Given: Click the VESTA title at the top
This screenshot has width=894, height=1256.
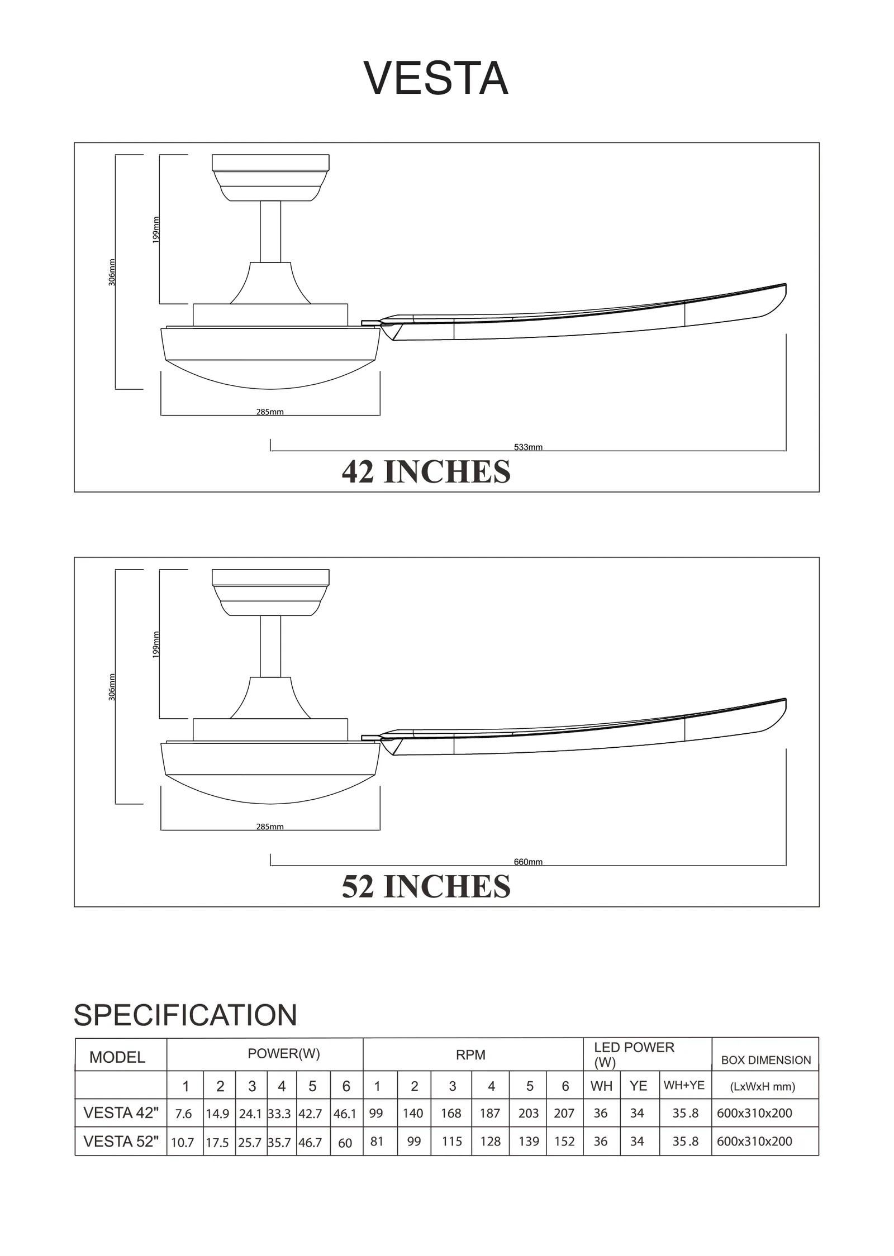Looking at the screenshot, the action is coord(436,78).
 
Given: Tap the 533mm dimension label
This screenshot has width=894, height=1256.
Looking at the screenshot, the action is coord(528,447).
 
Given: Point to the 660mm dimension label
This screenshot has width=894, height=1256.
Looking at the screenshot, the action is coord(528,862).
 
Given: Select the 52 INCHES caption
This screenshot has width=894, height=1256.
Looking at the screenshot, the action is coord(426,886).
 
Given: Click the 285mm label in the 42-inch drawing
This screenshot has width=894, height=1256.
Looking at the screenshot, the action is coord(270,412).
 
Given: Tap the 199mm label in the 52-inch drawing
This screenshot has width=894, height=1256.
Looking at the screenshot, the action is coord(156,644).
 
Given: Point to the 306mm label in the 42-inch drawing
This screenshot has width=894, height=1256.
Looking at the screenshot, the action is coord(112,273).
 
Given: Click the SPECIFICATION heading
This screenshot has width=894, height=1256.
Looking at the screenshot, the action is coord(185,1015).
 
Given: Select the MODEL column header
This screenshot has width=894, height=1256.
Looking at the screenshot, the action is coord(117,1057).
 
